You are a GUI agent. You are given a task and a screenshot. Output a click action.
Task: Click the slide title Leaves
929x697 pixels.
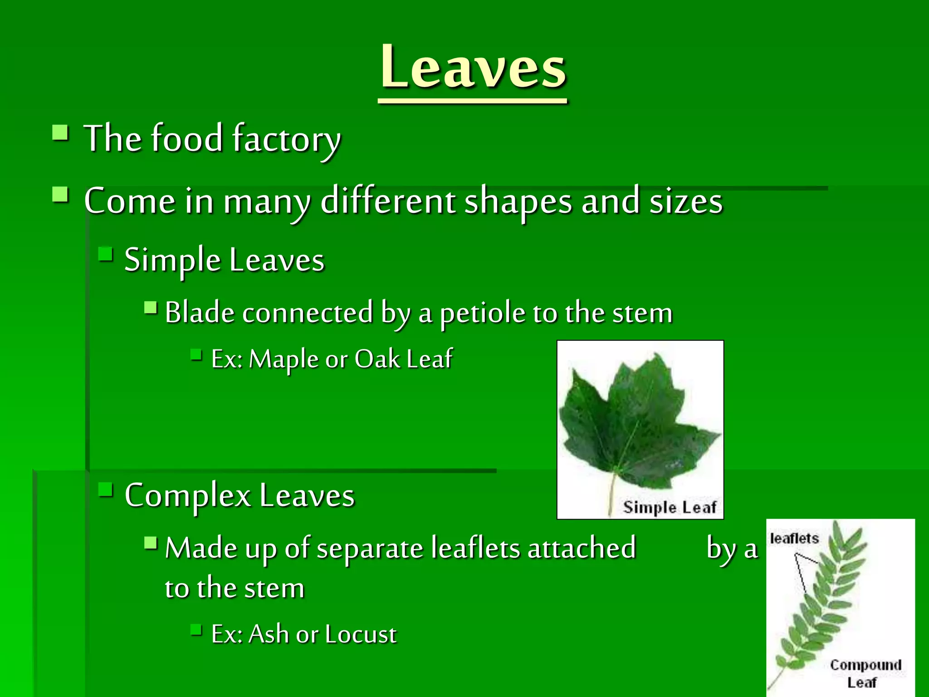pyautogui.click(x=473, y=68)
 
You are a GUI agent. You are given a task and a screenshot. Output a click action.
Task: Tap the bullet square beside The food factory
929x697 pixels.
pyautogui.click(x=60, y=133)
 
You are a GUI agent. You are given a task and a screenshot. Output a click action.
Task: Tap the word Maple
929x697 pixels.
pyautogui.click(x=284, y=359)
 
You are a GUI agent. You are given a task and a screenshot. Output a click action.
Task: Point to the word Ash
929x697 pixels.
pyautogui.click(x=269, y=634)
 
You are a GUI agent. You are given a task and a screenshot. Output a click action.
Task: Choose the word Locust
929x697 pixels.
pyautogui.click(x=361, y=634)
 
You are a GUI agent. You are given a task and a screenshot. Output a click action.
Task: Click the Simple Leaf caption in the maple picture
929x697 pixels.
pyautogui.click(x=669, y=507)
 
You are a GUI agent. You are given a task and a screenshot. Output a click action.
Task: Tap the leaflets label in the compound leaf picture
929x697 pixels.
pyautogui.click(x=794, y=539)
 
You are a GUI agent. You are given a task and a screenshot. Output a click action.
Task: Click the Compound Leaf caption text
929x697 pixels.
pyautogui.click(x=865, y=673)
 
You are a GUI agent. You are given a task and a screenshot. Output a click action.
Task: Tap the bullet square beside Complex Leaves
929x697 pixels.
pyautogui.click(x=106, y=490)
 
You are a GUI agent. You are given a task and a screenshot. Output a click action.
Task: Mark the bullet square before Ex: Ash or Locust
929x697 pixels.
pyautogui.click(x=196, y=629)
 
